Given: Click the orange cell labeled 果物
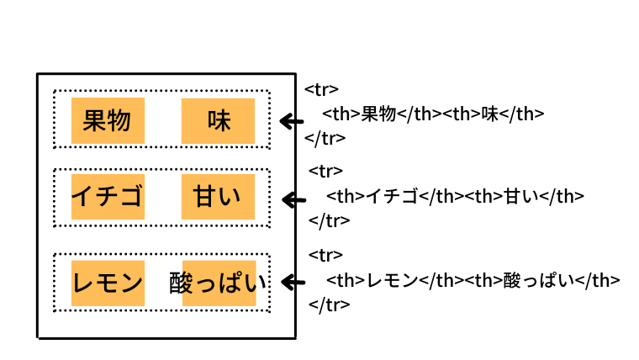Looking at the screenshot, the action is click(x=108, y=120).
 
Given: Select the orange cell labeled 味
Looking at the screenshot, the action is click(x=218, y=121).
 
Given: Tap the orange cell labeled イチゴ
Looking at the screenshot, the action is click(x=108, y=197).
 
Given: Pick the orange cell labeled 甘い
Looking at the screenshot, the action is click(x=218, y=197).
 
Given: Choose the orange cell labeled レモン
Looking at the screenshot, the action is click(x=108, y=283).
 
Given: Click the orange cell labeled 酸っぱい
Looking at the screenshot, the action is click(x=219, y=283).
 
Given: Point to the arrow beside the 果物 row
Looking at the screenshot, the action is click(x=292, y=121).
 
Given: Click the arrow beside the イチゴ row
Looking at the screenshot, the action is click(x=293, y=200).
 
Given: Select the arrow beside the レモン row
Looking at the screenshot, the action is click(x=293, y=282).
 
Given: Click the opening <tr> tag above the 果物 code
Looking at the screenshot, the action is click(x=321, y=90).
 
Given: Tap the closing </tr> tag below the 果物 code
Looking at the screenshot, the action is click(x=325, y=138).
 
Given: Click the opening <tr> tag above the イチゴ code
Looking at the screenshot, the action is click(x=325, y=171).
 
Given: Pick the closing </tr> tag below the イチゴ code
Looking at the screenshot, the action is click(x=330, y=220).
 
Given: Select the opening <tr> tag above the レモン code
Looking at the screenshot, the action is click(x=325, y=255).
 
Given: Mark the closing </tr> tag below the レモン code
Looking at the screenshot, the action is click(x=330, y=304).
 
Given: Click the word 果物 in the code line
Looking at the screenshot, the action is click(x=378, y=114).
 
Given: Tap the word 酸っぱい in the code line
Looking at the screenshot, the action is click(x=540, y=280).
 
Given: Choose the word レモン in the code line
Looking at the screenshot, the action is click(x=393, y=280).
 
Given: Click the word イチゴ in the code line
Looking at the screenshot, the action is click(x=392, y=197).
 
